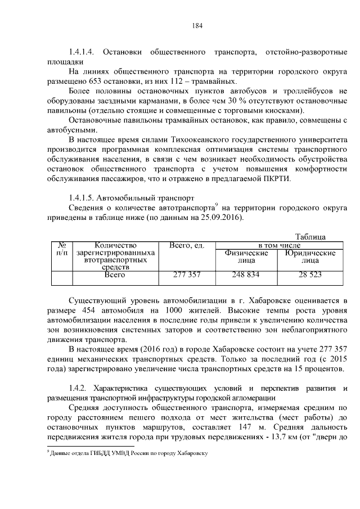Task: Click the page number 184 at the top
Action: [196, 25]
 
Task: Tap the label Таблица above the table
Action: [310, 237]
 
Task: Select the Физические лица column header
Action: [246, 257]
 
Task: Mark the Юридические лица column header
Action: [310, 257]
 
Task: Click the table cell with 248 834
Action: [246, 275]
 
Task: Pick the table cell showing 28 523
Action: [310, 275]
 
